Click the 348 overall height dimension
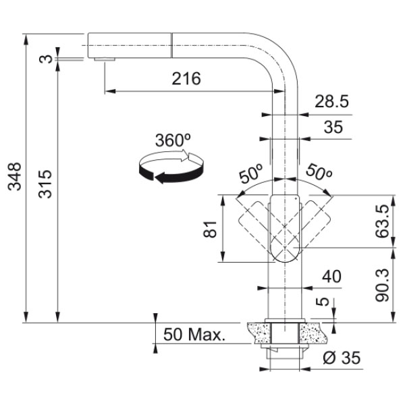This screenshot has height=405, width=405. point(14,177)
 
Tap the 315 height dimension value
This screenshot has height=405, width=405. point(45,184)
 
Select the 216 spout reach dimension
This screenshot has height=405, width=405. point(186,78)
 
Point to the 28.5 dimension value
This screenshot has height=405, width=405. point(331,101)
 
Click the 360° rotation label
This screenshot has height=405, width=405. point(173,140)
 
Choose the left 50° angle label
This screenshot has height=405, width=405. point(250,173)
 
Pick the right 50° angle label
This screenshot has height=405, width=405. point(319,172)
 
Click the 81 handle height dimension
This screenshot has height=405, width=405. point(210,229)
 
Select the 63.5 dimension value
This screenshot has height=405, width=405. point(382,221)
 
